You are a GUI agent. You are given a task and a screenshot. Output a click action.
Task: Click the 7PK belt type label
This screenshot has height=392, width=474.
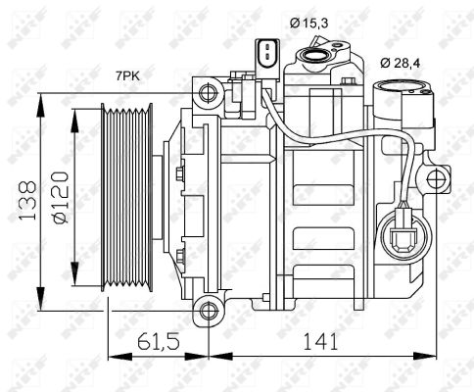click(x=127, y=76)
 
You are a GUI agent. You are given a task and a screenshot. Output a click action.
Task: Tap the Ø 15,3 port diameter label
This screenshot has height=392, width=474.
click(x=308, y=24)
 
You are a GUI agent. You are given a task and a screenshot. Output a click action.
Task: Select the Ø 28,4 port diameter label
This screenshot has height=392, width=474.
click(x=401, y=63)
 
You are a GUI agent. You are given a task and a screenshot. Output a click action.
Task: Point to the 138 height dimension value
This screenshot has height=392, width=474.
click(x=27, y=200)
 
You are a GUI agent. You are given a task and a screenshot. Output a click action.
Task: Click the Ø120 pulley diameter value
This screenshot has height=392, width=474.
click(x=61, y=197)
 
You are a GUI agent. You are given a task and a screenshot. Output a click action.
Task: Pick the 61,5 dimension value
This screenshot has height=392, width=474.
click(x=159, y=342)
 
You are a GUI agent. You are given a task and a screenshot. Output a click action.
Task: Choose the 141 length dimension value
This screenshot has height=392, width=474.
click(x=320, y=342)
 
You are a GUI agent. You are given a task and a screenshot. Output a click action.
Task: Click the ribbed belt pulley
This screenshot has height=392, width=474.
click(x=126, y=197)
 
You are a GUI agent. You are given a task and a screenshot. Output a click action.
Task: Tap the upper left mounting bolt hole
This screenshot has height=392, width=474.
click(x=208, y=93)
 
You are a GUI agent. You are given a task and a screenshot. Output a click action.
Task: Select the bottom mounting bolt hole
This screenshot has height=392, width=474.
click(x=209, y=311)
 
